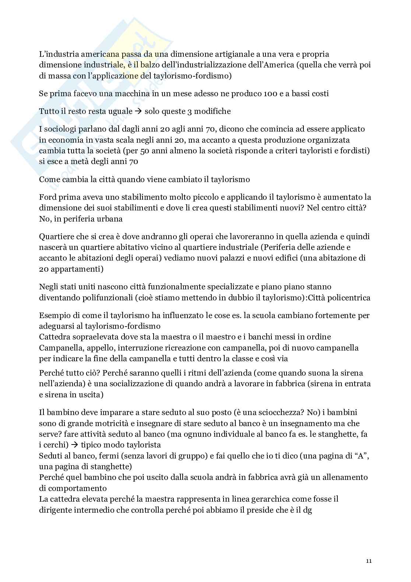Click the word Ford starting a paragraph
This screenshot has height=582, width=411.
[x=48, y=197]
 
